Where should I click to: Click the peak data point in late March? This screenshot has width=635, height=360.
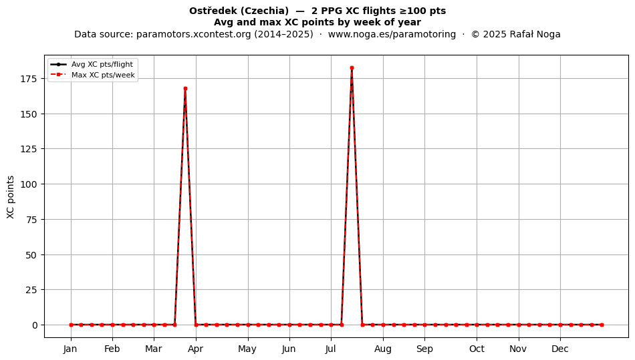coord(185,89)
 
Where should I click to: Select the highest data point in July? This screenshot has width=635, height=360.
coord(352,68)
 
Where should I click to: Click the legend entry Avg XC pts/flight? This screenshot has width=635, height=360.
coord(102,64)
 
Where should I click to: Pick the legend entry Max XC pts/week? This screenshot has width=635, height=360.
coord(103,75)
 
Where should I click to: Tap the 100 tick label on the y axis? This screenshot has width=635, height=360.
coord(29,184)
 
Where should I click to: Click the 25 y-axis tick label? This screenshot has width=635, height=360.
coord(32,290)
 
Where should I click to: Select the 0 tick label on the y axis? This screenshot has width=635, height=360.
coord(35,325)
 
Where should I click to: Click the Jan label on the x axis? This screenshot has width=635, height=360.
coord(70,349)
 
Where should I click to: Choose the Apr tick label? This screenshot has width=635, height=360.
coord(196,349)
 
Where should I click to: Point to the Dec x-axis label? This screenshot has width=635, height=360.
coord(560,349)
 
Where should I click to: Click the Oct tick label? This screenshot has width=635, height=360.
coord(477,349)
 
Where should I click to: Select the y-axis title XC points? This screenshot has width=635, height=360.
coord(11,197)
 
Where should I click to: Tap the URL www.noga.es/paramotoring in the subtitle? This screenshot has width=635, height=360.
coord(392,34)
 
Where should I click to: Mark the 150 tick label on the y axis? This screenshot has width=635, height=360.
coord(29,114)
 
